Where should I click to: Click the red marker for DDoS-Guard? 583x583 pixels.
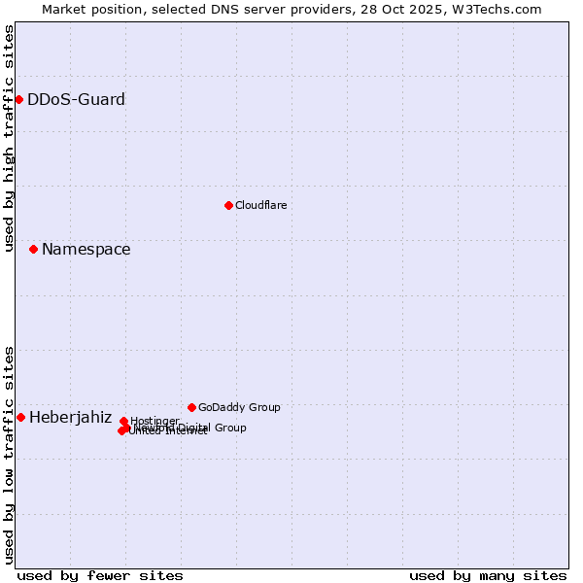point(18,99)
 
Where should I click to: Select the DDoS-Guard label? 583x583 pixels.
point(76,100)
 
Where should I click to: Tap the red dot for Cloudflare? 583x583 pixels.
point(228,205)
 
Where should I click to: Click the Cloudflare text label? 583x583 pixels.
point(260,205)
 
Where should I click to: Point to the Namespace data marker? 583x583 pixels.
point(33,250)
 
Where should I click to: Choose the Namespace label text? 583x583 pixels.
point(86,250)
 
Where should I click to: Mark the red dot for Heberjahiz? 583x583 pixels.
point(20,417)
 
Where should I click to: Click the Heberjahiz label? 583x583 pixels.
point(70,418)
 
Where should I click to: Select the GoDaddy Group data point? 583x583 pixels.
point(191,407)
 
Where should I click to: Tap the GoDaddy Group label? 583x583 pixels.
point(238,407)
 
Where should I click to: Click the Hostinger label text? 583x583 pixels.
point(154,421)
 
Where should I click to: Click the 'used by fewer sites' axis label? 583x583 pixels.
point(100,575)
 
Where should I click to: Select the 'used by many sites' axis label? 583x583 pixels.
point(488,575)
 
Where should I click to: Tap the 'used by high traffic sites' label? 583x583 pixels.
point(10,139)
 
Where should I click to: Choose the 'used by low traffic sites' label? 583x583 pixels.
point(10,454)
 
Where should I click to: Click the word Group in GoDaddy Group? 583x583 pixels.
point(262,407)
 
